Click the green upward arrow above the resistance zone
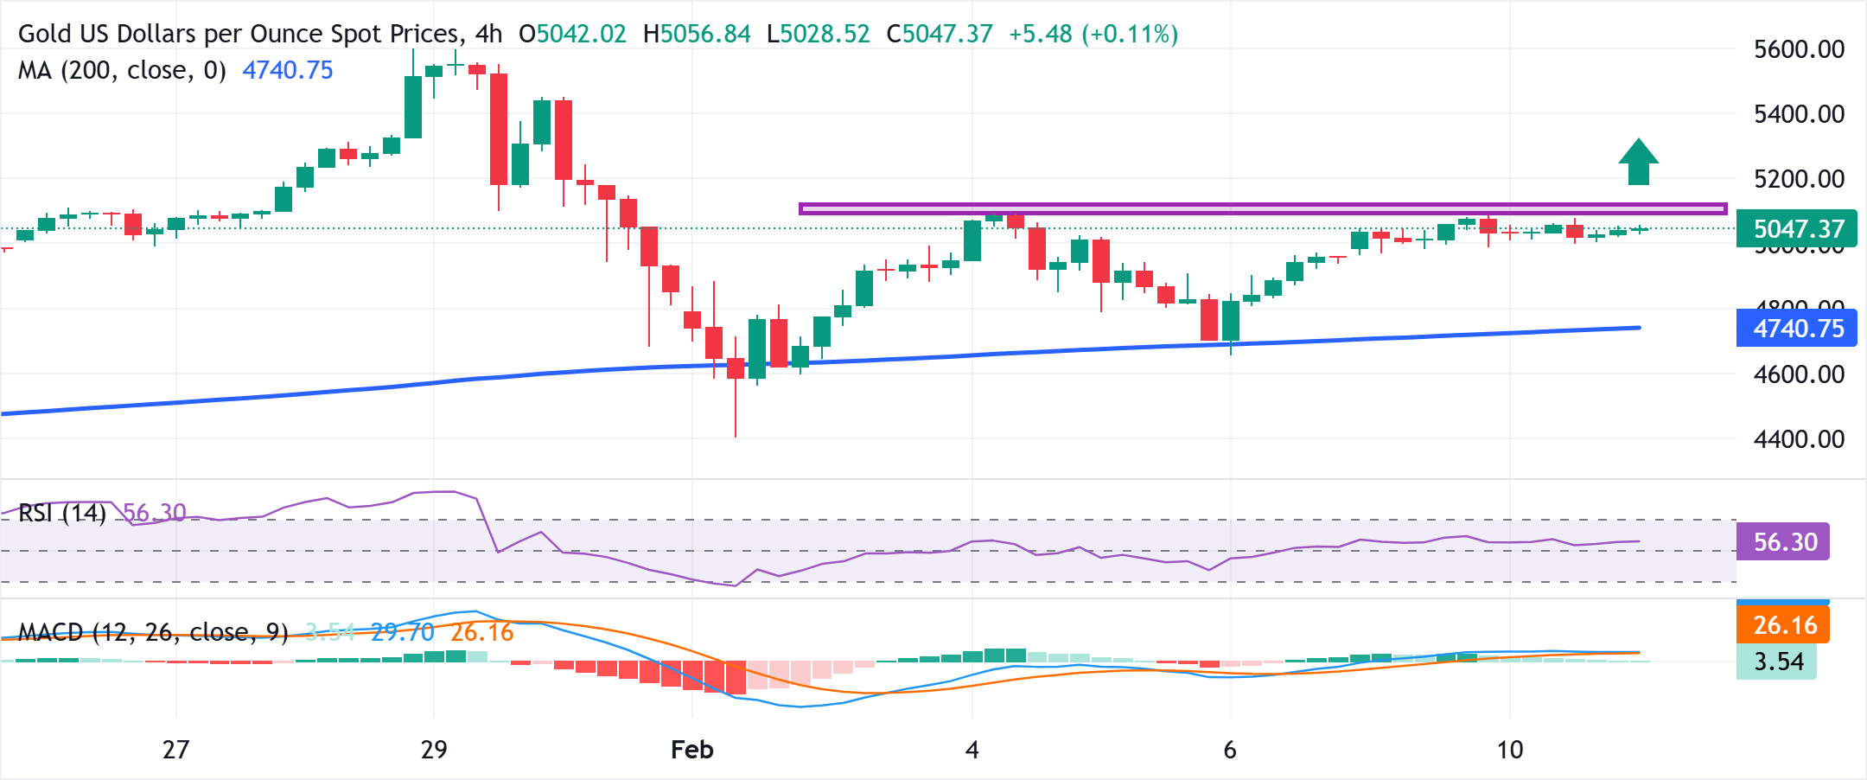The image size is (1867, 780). coord(1638,162)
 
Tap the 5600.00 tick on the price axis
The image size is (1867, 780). coord(1799,49)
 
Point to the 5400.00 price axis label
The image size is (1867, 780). coord(1799,114)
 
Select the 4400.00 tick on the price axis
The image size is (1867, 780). coord(1799,439)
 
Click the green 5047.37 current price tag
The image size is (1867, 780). coord(1796,229)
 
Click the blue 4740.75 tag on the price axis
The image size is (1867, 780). coord(1796,329)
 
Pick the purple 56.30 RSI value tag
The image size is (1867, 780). coord(1783,542)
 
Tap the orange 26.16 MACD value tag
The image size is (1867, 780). coord(1783,625)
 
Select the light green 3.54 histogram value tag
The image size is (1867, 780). coord(1777,662)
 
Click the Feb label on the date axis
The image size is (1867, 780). coord(691,750)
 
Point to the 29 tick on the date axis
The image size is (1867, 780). coord(434,750)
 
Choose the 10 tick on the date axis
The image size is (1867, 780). coord(1510,750)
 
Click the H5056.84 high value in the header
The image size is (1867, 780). coord(697,35)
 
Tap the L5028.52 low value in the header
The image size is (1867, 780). coord(818,35)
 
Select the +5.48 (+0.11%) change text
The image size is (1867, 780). coord(1093,35)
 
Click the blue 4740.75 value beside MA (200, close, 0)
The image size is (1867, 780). coord(287,71)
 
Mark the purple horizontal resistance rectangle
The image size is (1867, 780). coord(1262,208)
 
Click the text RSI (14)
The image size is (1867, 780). coord(62,514)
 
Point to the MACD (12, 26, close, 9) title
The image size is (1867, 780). coord(153,633)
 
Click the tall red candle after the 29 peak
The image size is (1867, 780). coord(499,130)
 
